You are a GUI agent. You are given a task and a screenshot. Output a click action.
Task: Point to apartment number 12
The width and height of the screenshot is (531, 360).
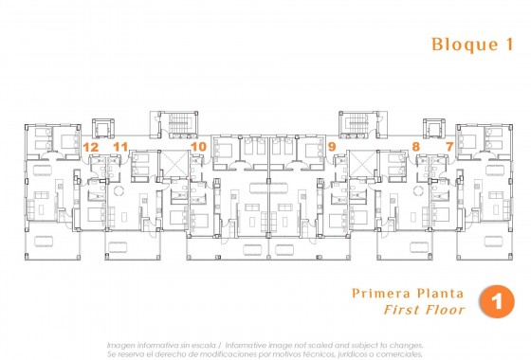point(91,147)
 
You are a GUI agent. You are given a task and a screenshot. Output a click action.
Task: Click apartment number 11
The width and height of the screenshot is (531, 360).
point(119,147)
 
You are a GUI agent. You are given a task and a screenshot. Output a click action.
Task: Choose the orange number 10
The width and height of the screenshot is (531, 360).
point(197,147)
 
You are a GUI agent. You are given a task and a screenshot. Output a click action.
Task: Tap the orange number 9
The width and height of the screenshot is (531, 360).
point(331,147)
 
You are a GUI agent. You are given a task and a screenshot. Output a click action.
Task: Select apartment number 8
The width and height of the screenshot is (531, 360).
point(415,147)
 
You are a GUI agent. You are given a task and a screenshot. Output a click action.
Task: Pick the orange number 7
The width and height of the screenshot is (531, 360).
point(449,147)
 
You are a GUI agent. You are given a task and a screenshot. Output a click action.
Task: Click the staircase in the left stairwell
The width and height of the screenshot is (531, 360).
point(171,124)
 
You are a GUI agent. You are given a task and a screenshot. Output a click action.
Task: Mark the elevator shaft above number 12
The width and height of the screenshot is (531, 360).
point(102,129)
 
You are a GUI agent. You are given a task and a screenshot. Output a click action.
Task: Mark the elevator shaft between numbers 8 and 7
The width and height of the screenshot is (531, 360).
point(432,129)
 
